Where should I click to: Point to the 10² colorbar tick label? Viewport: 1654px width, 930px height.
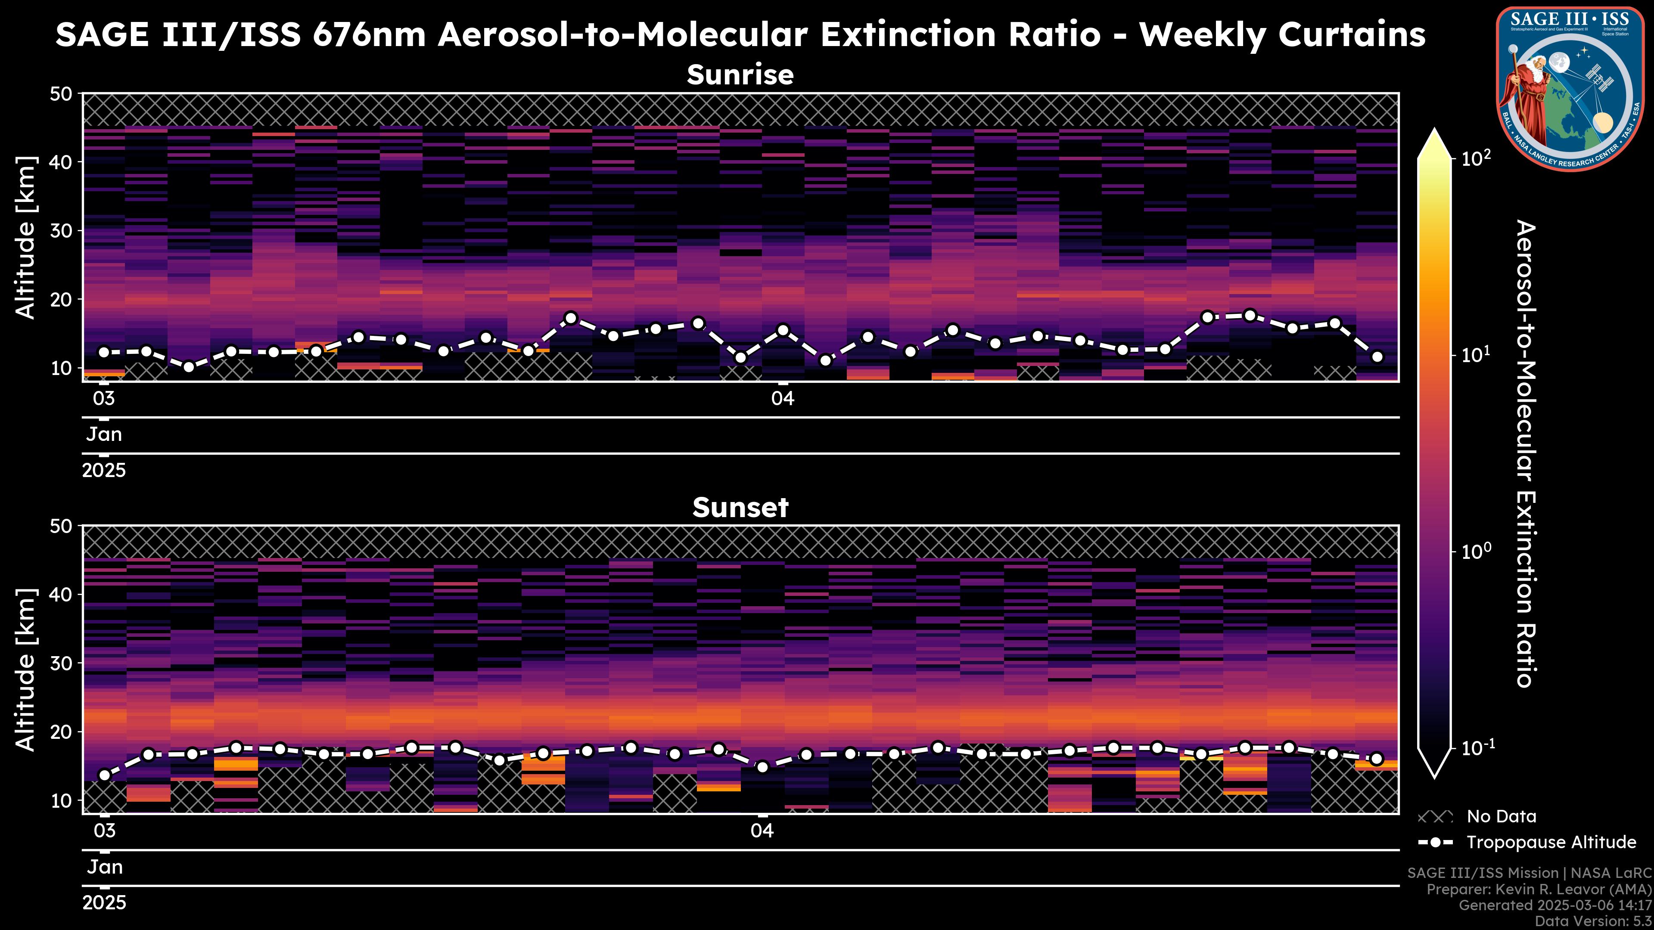pyautogui.click(x=1477, y=158)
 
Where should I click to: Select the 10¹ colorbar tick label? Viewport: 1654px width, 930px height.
pyautogui.click(x=1477, y=355)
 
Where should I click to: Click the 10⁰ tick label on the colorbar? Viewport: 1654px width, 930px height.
pyautogui.click(x=1477, y=551)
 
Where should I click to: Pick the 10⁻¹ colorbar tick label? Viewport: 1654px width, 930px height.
pyautogui.click(x=1477, y=748)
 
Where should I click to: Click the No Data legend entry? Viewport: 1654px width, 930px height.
pyautogui.click(x=1501, y=816)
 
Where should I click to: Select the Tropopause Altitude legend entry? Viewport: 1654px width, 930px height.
pyautogui.click(x=1551, y=842)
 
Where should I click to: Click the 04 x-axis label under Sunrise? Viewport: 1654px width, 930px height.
pyautogui.click(x=783, y=399)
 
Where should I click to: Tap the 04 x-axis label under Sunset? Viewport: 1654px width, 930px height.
pyautogui.click(x=762, y=831)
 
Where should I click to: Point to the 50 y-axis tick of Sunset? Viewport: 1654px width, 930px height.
pyautogui.click(x=62, y=526)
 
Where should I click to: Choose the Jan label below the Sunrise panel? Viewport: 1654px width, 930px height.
pyautogui.click(x=104, y=434)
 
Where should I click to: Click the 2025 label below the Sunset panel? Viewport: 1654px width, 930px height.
pyautogui.click(x=104, y=903)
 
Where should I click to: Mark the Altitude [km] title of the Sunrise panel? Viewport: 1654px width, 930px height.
pyautogui.click(x=26, y=238)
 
